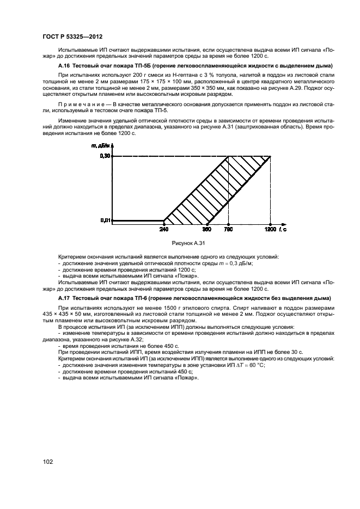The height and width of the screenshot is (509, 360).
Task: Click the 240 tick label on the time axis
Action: [x=164, y=229]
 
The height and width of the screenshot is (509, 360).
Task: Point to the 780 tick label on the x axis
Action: [x=228, y=229]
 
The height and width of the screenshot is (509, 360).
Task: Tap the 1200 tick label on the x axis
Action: [x=271, y=229]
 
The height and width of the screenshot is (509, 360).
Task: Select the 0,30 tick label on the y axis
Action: [x=105, y=157]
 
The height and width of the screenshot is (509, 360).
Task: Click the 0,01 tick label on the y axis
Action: [x=105, y=220]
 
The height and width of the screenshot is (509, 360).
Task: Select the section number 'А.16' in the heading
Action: [x=65, y=65]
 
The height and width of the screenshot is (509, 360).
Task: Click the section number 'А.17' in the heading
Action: [x=65, y=299]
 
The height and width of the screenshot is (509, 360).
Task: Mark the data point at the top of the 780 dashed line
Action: [x=228, y=157]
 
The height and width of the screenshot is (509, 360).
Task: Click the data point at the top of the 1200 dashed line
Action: [x=271, y=157]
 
